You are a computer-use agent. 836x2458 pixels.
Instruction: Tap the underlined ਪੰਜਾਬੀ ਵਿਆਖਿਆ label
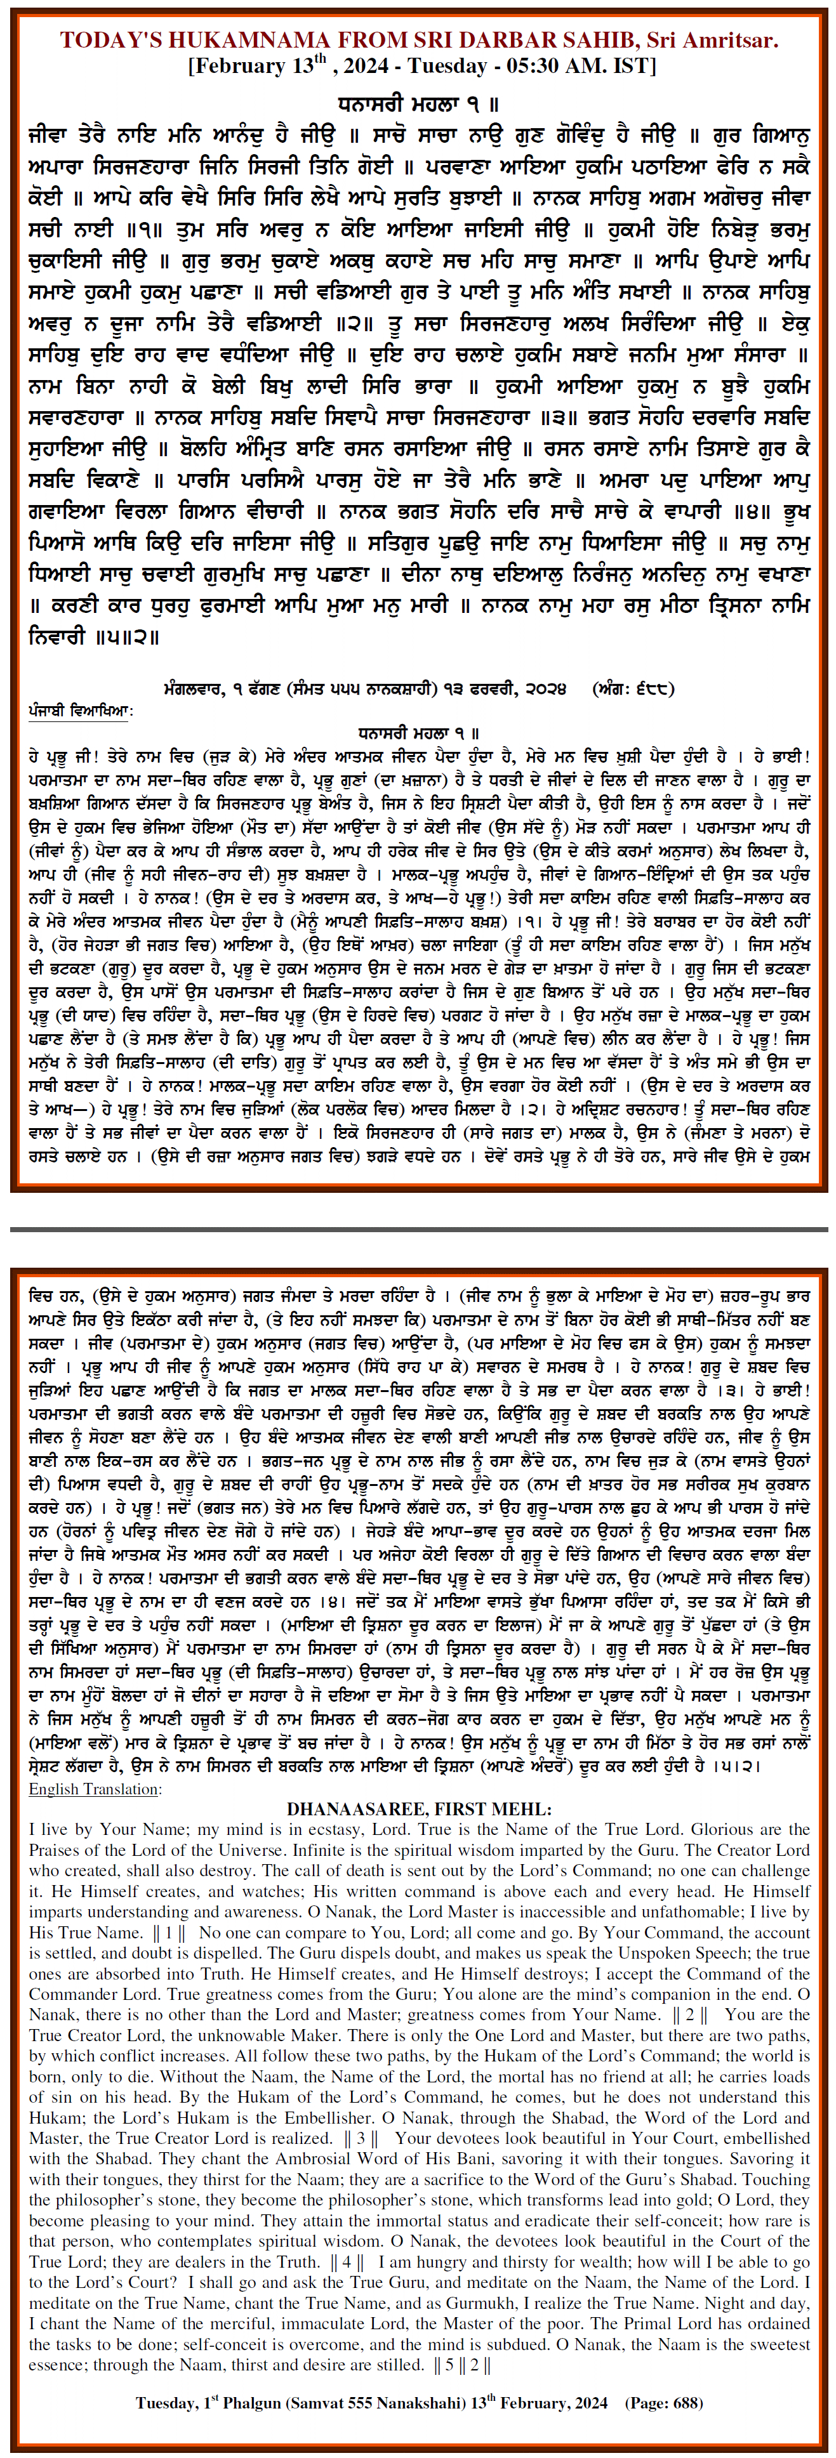[80, 711]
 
